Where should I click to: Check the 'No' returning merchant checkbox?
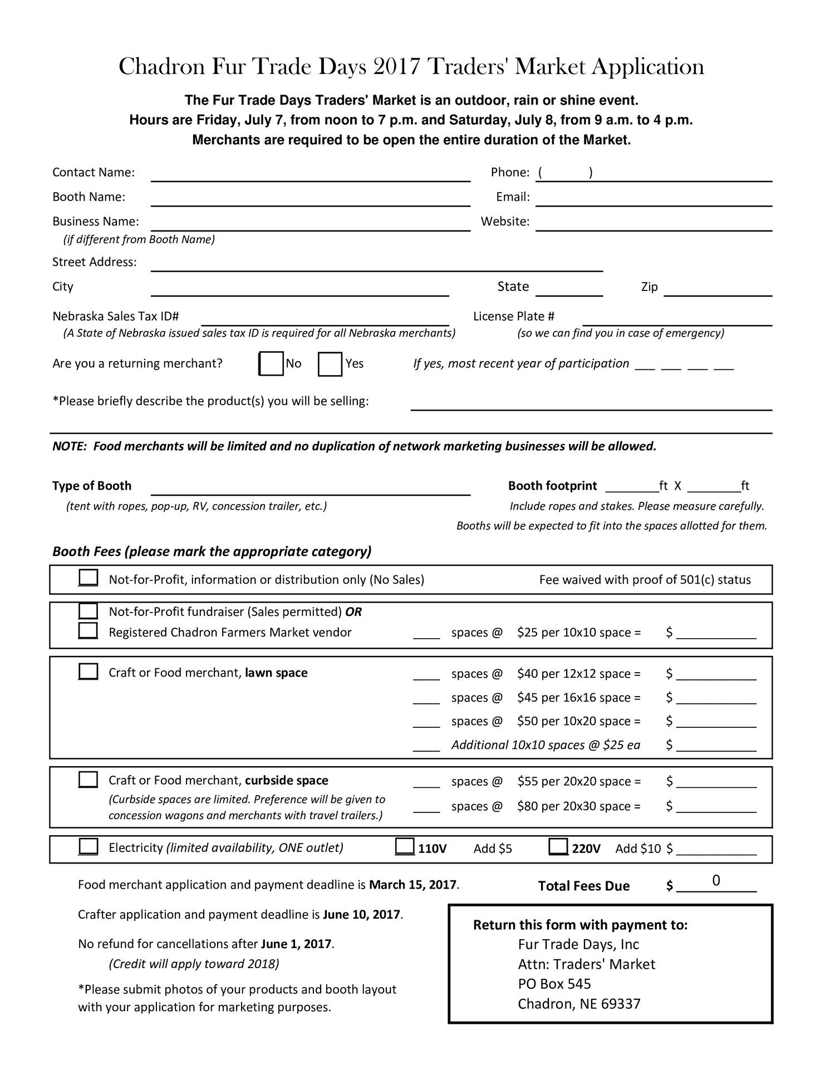(x=272, y=364)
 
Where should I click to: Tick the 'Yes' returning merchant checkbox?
(x=330, y=364)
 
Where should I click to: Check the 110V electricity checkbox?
(x=404, y=847)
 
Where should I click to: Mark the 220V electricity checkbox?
(x=558, y=847)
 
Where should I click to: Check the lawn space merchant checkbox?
(x=88, y=672)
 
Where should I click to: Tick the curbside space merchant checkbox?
(x=88, y=780)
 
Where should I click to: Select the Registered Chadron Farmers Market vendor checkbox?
(x=88, y=631)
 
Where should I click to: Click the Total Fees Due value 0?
(x=716, y=880)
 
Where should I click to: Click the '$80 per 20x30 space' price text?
(x=578, y=806)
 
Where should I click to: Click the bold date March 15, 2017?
(x=412, y=885)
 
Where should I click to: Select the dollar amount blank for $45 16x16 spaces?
(x=716, y=698)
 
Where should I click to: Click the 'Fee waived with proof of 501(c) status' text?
(x=645, y=580)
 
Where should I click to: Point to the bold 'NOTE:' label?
(x=69, y=446)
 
